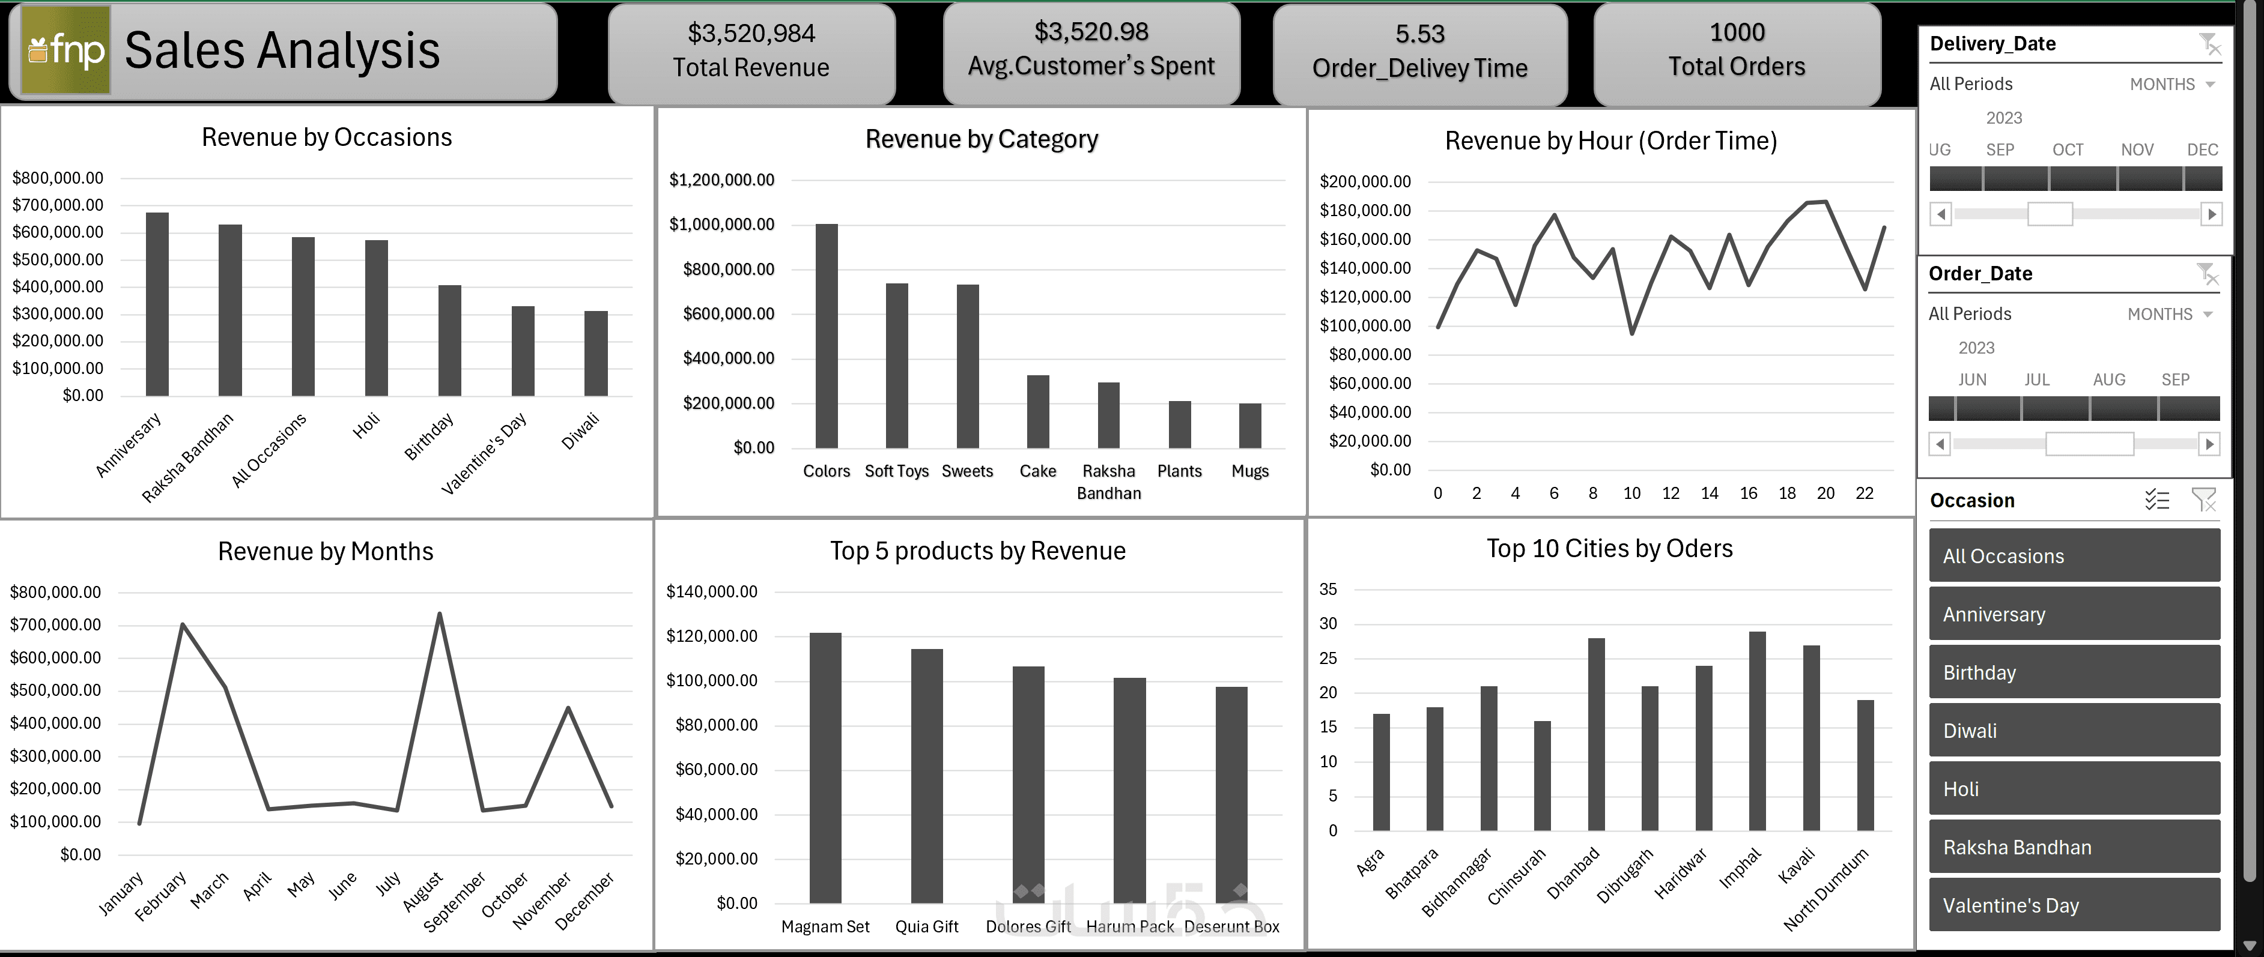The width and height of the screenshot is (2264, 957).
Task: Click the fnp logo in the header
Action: click(66, 50)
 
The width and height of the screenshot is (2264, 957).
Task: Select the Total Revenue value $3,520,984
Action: click(751, 34)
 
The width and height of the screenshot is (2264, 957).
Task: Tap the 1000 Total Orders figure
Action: click(1736, 32)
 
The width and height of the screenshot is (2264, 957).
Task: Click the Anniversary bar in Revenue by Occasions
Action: click(157, 303)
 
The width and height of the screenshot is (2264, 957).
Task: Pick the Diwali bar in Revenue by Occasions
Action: click(596, 352)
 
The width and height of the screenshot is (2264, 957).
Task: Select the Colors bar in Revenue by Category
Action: click(826, 336)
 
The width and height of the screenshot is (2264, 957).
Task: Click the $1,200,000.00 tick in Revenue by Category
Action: click(721, 180)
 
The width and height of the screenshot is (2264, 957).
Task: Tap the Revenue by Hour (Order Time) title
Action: click(1610, 140)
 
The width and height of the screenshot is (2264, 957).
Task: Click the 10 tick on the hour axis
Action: click(1631, 493)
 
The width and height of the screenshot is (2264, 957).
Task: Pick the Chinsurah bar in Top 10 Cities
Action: click(1541, 775)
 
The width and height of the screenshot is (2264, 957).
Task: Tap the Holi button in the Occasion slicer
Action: click(2074, 788)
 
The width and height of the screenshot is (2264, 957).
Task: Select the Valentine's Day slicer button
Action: click(2074, 905)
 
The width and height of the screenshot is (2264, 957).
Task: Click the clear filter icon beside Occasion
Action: click(2203, 500)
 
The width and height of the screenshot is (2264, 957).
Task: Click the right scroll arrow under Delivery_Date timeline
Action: click(2211, 214)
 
